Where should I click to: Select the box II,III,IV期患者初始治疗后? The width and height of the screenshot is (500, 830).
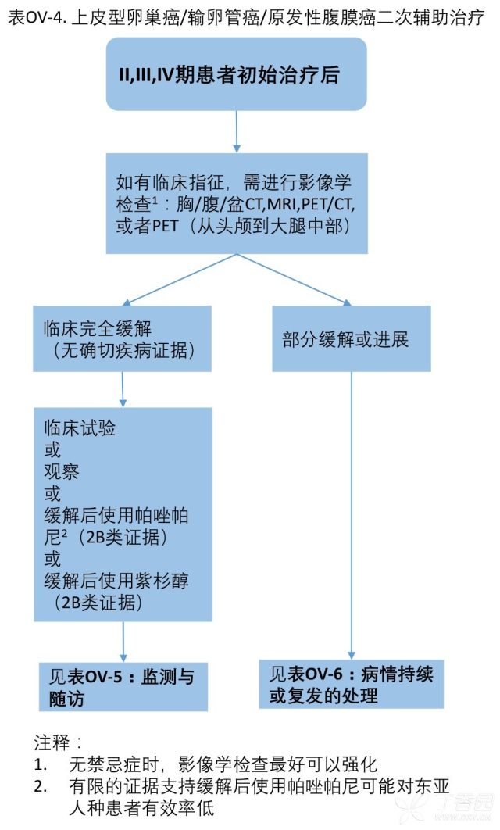[237, 74]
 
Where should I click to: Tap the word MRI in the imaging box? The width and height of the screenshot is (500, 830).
[284, 204]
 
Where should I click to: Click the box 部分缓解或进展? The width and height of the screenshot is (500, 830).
[352, 338]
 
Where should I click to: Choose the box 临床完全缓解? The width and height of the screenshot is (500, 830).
[122, 338]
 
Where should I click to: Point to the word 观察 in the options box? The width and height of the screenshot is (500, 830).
[61, 471]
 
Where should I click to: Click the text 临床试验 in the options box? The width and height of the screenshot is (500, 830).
[80, 428]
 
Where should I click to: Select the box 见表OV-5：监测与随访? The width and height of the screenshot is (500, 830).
[123, 686]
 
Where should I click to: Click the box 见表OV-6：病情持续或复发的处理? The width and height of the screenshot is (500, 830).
[352, 684]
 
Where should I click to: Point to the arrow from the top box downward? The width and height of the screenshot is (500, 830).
[237, 132]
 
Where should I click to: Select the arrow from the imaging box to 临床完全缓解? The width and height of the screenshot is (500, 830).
[180, 280]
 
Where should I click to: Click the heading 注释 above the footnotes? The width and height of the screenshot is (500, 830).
[52, 742]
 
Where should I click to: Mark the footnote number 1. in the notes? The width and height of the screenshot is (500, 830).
[41, 764]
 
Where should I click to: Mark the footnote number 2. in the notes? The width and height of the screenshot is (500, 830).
[41, 786]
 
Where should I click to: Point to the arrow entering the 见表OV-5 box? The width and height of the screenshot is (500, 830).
[123, 642]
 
